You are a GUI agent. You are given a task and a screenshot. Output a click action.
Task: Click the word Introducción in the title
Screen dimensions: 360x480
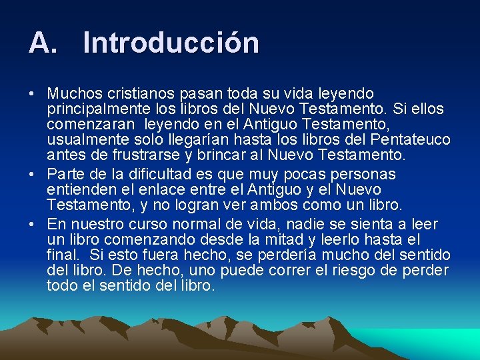(171, 43)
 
